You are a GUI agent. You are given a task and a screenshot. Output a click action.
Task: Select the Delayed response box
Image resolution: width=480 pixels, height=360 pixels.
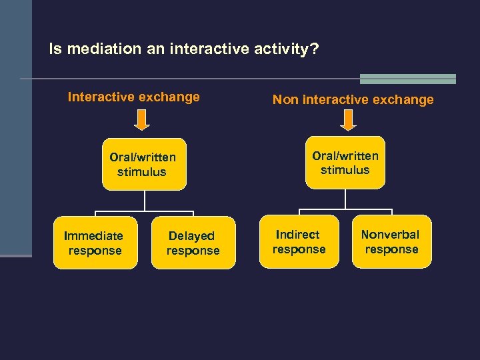pos(193,243)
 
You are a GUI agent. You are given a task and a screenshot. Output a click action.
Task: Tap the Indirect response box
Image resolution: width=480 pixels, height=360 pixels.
pos(299,242)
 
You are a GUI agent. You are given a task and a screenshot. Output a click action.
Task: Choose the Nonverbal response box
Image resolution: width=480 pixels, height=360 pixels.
pos(391,242)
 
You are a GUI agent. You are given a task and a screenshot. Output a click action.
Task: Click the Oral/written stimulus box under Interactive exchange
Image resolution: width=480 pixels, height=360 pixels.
pos(143,165)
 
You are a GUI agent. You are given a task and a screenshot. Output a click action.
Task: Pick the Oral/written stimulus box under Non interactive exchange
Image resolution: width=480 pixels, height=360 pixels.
pos(345,163)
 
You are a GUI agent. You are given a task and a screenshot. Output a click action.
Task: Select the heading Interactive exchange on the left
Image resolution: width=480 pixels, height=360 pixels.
pos(133,97)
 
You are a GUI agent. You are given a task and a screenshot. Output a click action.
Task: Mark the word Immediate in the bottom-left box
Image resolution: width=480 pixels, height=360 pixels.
pos(93,235)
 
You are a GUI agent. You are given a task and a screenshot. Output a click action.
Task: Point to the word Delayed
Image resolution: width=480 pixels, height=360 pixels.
pos(191,235)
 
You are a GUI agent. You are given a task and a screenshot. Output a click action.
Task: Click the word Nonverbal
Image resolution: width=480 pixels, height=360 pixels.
pos(390,234)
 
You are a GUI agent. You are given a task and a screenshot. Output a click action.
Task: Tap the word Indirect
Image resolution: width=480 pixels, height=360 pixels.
pos(298,234)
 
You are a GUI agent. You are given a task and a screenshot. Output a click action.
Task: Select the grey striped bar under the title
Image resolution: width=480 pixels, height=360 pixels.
pos(407,79)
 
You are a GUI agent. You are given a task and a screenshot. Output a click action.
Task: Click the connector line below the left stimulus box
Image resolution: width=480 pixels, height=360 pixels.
pos(145,201)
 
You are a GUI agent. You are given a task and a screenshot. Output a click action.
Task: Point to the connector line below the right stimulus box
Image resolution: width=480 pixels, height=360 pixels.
pos(345,199)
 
